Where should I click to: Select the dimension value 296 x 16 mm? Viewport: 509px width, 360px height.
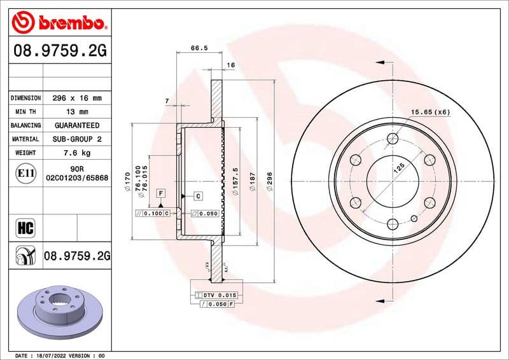[x=76, y=99]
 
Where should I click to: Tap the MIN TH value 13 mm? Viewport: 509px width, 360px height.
[x=76, y=112]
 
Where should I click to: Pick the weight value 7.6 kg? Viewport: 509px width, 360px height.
[x=76, y=153]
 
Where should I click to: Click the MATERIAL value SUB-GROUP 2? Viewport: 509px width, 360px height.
[x=76, y=139]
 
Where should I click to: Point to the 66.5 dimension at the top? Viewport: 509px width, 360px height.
[x=199, y=46]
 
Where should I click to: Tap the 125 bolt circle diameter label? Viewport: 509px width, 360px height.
[x=400, y=168]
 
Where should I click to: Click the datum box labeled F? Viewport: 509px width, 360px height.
[x=161, y=192]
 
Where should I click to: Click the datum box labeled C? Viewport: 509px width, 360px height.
[x=198, y=196]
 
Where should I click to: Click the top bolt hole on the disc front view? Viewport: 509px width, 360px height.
[x=393, y=138]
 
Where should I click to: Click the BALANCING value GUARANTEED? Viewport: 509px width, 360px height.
[x=76, y=125]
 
